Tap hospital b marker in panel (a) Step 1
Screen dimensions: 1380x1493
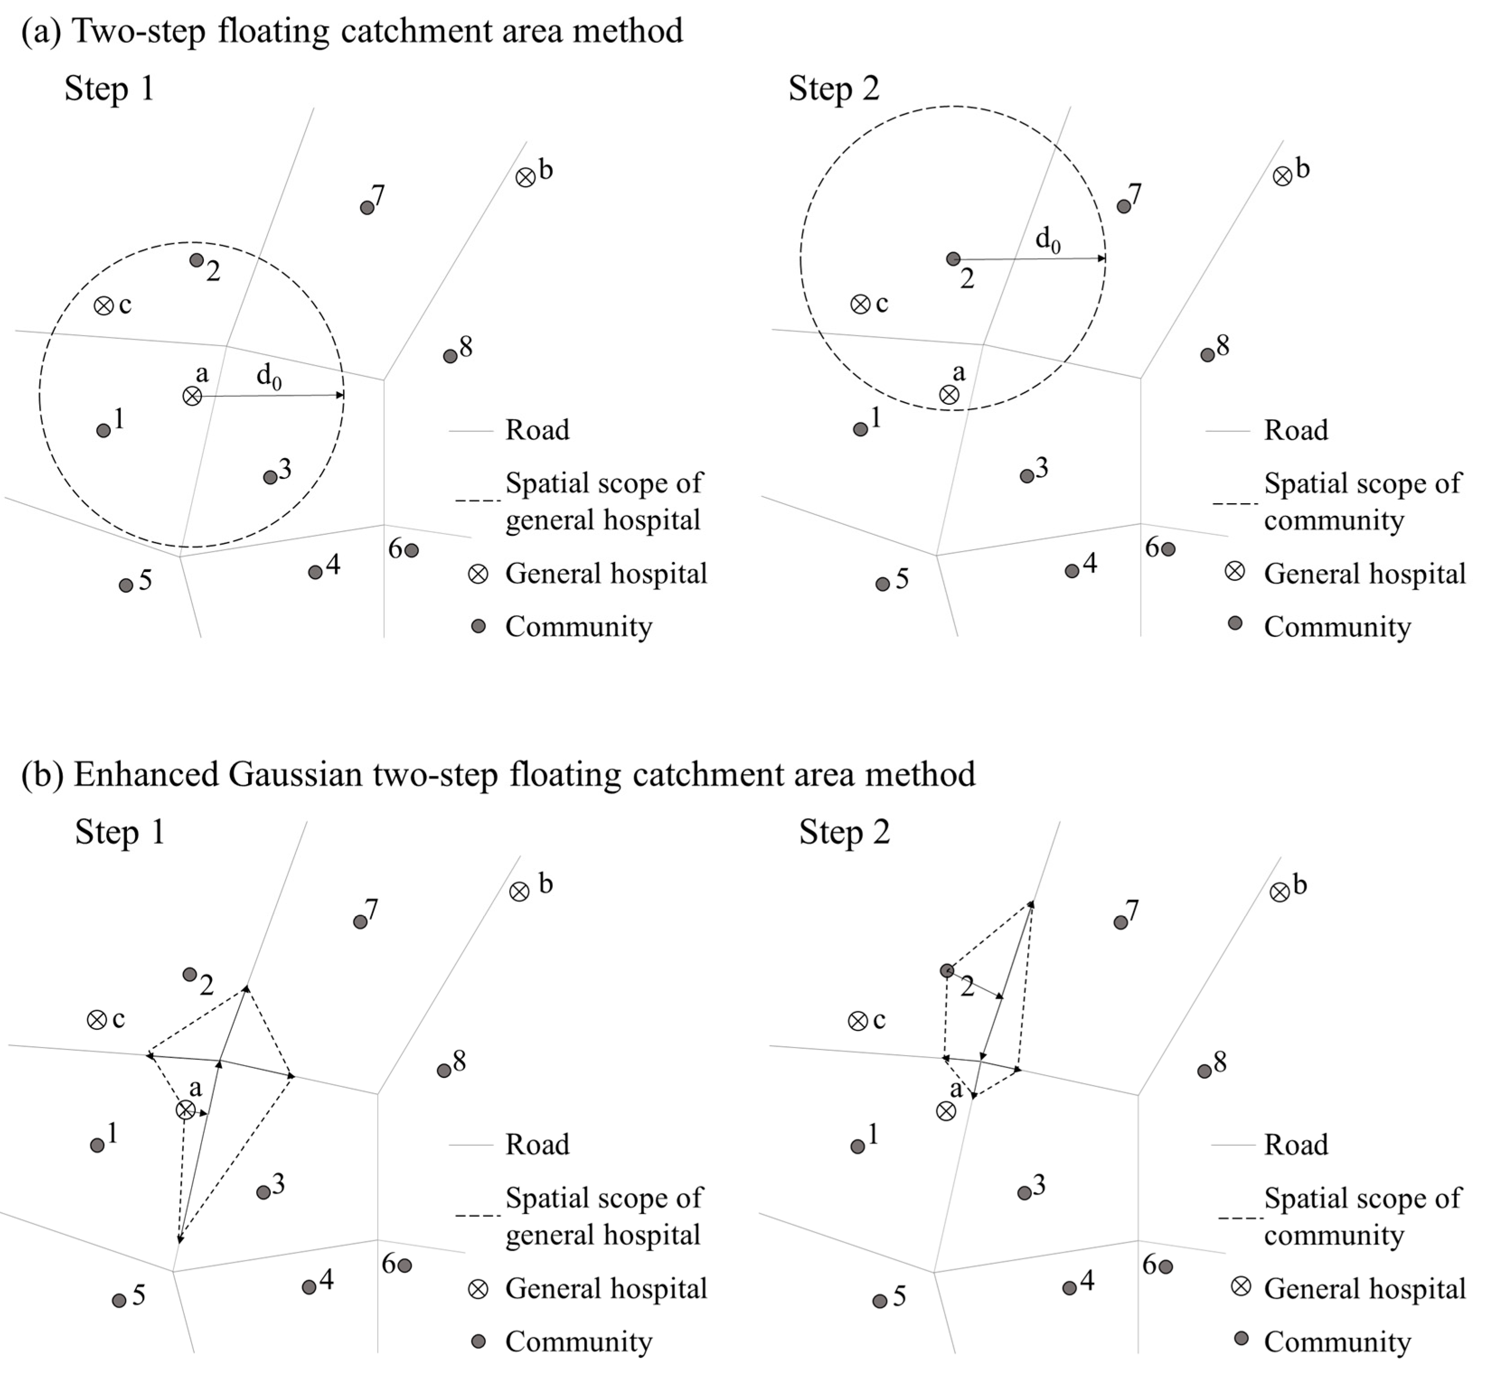point(526,178)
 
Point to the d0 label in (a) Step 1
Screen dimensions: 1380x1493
point(269,376)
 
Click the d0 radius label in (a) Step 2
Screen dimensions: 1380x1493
point(1047,240)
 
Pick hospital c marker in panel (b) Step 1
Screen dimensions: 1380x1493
point(96,1020)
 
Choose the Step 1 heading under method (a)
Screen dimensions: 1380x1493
point(109,88)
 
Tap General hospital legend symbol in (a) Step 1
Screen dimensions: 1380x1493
point(478,574)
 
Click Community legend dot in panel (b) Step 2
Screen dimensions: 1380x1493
point(1241,1338)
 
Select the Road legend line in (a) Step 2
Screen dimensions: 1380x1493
point(1227,431)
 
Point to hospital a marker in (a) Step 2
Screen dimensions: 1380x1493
point(948,394)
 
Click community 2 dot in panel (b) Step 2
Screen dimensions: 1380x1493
point(946,971)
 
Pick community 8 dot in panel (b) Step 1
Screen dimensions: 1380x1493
point(444,1070)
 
